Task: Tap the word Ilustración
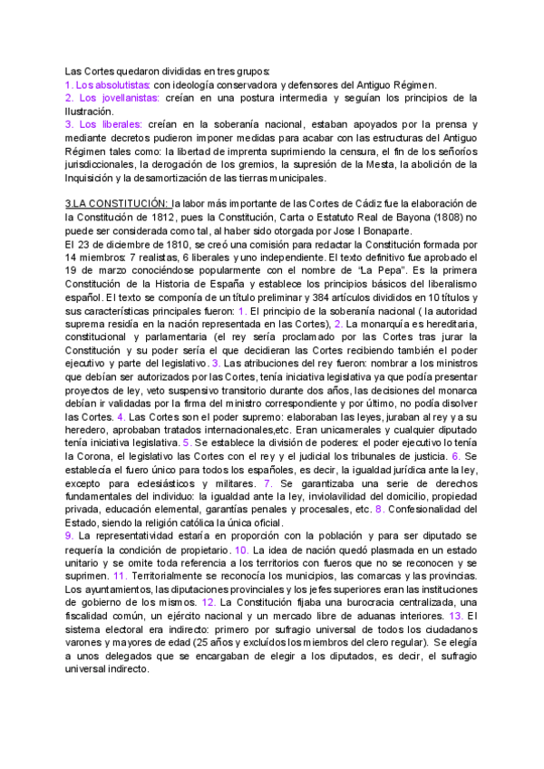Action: pos(93,111)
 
